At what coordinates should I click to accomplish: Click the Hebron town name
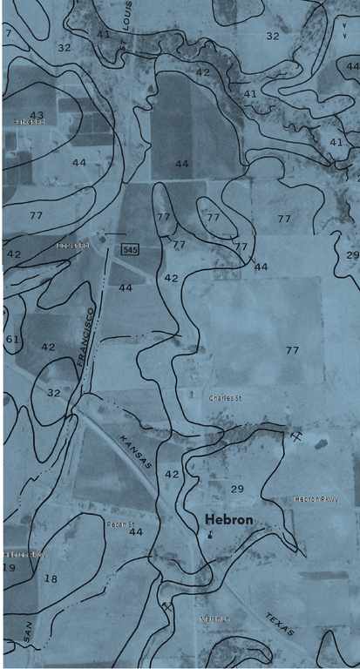(x=229, y=520)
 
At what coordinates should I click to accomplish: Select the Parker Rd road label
(x=29, y=122)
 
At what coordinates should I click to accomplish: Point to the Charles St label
(x=225, y=398)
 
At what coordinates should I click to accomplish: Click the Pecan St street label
(x=119, y=524)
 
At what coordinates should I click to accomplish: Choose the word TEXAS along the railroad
(x=281, y=621)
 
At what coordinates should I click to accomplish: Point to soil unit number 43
(x=37, y=115)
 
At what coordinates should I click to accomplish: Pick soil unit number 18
(x=51, y=578)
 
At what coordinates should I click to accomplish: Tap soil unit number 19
(x=10, y=567)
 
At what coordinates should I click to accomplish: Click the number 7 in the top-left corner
(x=8, y=34)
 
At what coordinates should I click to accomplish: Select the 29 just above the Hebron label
(x=237, y=490)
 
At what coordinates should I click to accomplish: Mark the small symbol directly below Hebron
(x=211, y=537)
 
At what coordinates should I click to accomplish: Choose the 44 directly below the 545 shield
(x=126, y=287)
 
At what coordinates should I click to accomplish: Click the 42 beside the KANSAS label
(x=172, y=474)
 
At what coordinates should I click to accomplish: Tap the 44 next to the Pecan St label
(x=135, y=531)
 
